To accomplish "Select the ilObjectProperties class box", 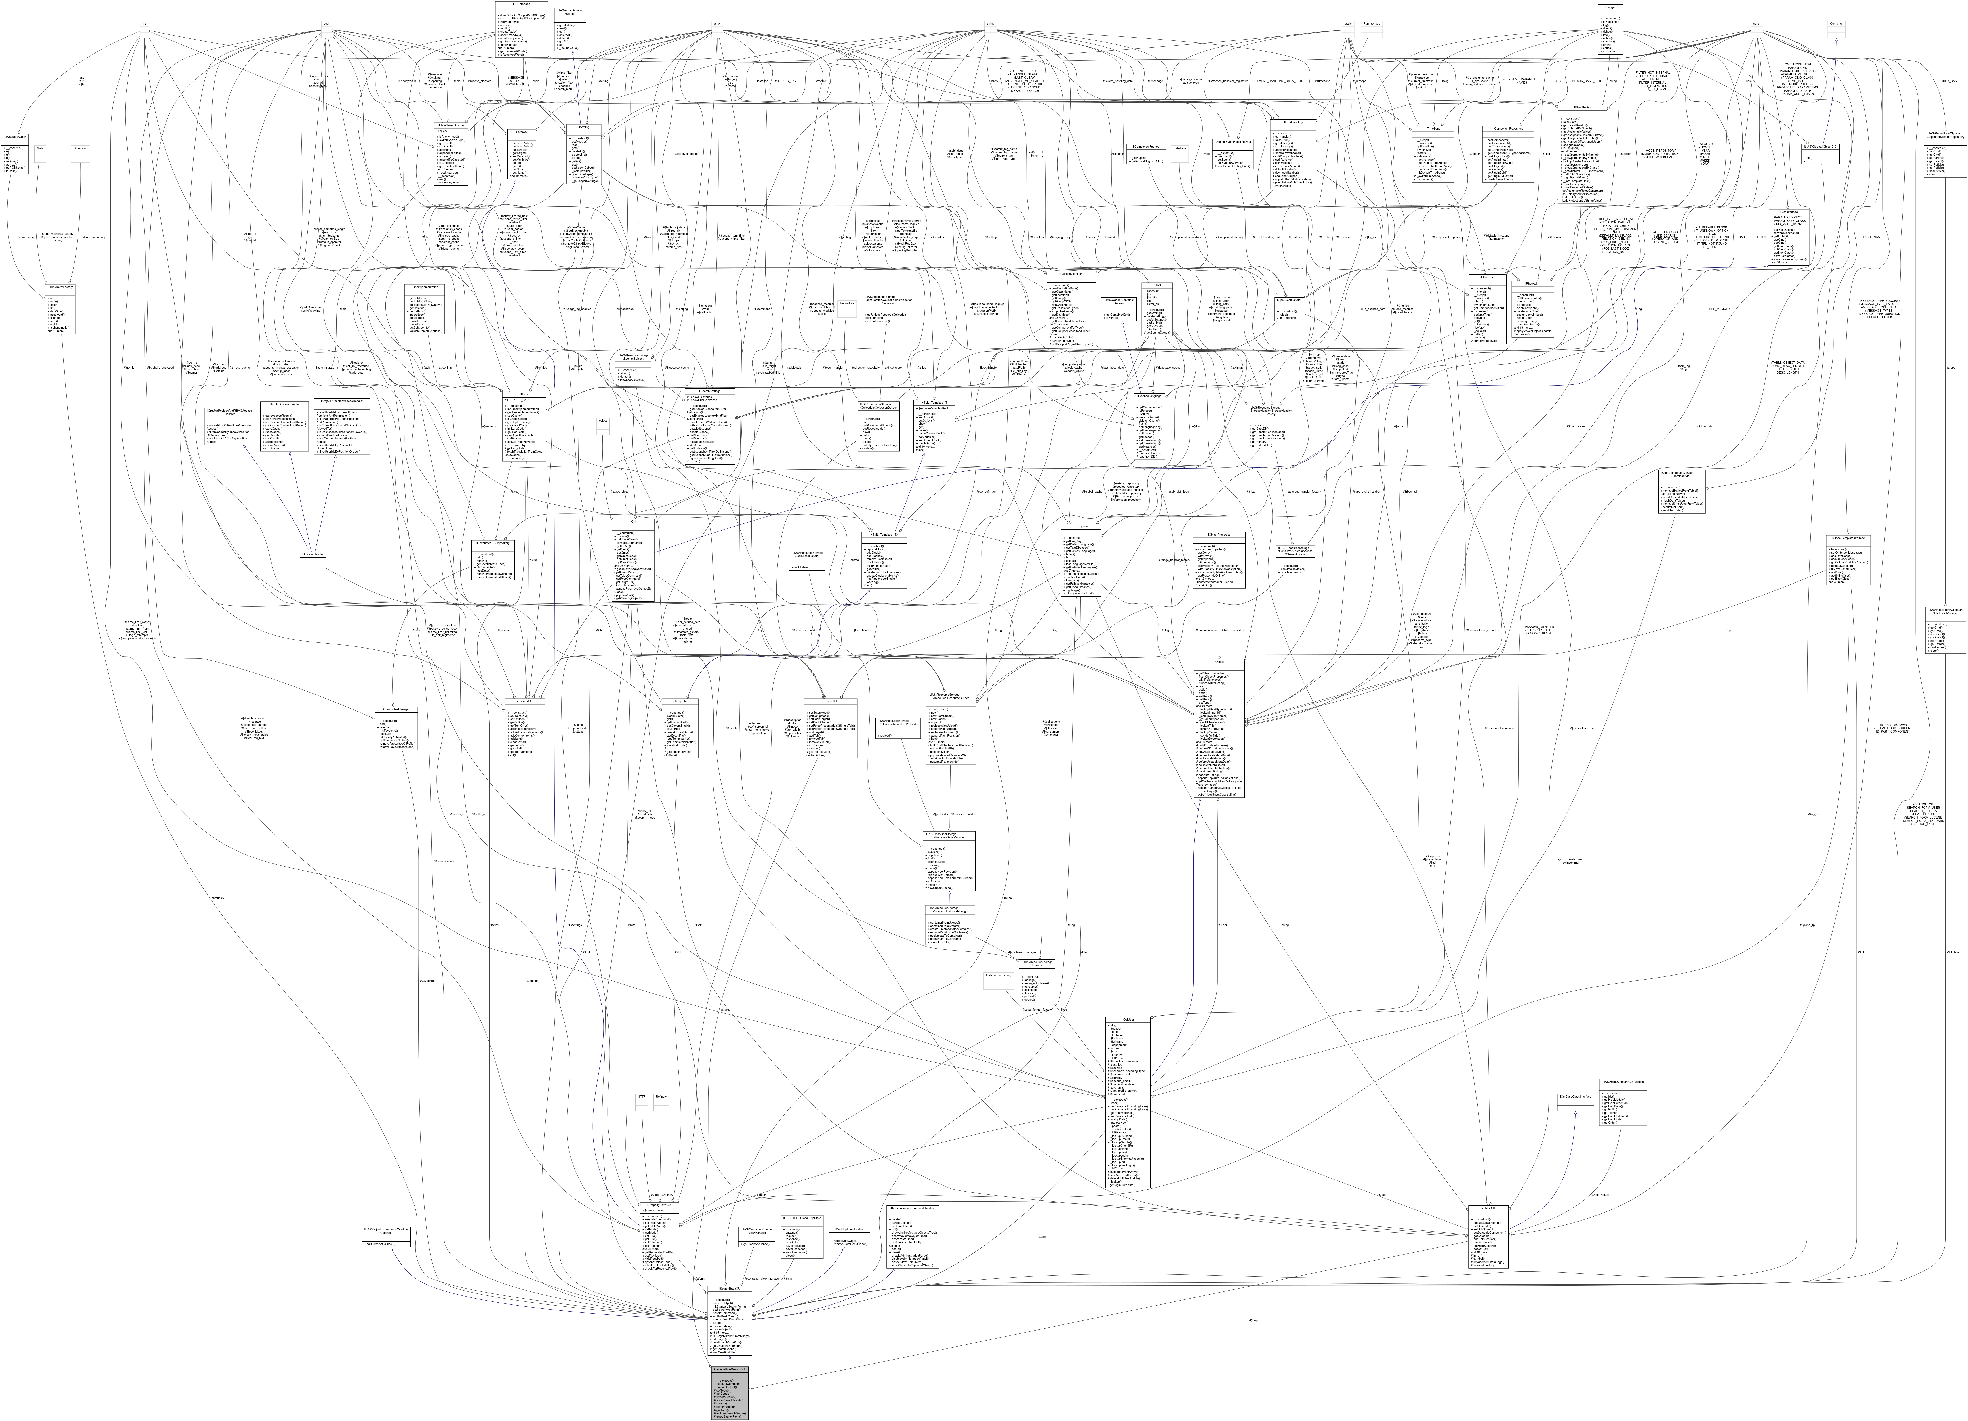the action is (1219, 560).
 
